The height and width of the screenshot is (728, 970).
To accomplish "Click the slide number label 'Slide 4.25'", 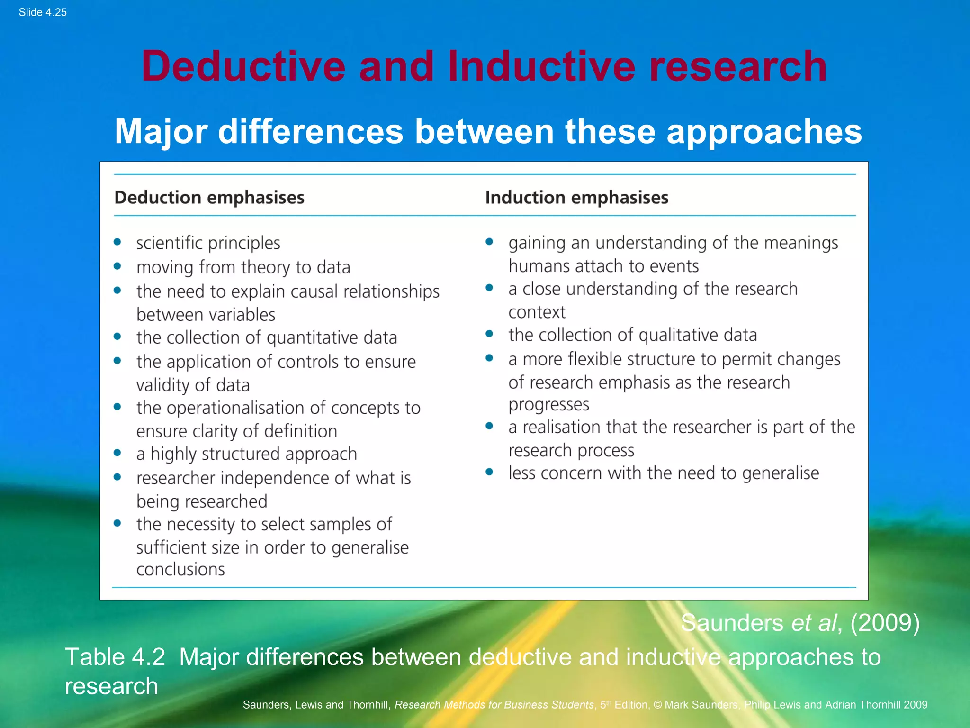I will [x=43, y=12].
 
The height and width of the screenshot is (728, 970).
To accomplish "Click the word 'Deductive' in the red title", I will [x=243, y=66].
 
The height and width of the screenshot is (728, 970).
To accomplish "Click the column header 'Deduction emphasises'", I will [x=209, y=198].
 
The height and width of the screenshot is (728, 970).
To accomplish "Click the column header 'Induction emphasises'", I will [x=576, y=198].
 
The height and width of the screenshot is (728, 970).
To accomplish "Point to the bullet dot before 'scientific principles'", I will [x=117, y=243].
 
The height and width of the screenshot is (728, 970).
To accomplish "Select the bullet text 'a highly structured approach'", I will [x=246, y=454].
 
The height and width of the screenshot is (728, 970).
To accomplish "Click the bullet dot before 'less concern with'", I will [x=489, y=472].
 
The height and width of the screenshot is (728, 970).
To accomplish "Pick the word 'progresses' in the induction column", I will [x=548, y=404].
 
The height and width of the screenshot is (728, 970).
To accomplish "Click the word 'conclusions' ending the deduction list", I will [x=180, y=569].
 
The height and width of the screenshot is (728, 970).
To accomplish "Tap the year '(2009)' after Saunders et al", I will [x=885, y=623].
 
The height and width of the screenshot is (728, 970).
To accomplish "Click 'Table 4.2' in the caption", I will [x=115, y=657].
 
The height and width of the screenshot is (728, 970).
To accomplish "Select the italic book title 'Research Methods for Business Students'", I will [x=494, y=705].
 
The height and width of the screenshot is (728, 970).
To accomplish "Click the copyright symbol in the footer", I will [x=657, y=705].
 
